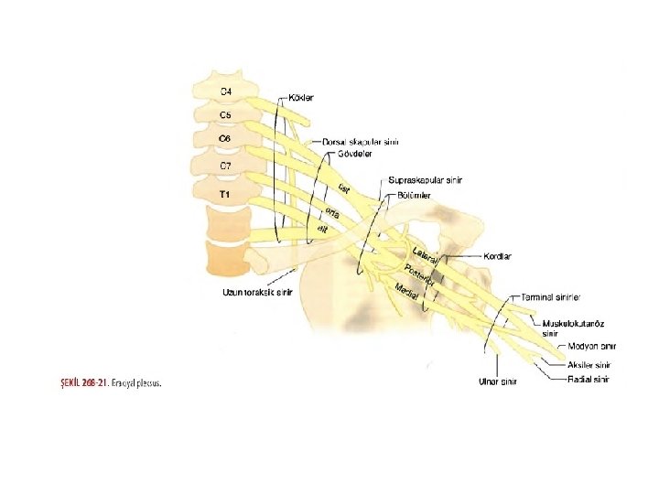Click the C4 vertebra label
pyautogui.click(x=225, y=91)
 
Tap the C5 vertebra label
pyautogui.click(x=225, y=115)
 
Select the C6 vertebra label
pyautogui.click(x=225, y=138)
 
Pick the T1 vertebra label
pyautogui.click(x=224, y=195)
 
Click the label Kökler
pyautogui.click(x=302, y=98)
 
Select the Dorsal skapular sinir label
pyautogui.click(x=361, y=142)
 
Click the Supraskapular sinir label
pyautogui.click(x=425, y=180)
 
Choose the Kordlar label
pyautogui.click(x=498, y=256)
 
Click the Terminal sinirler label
pyautogui.click(x=552, y=297)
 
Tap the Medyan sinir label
pyautogui.click(x=591, y=347)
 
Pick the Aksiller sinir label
pyautogui.click(x=590, y=364)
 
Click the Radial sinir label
pyautogui.click(x=588, y=379)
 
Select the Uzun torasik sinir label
pyautogui.click(x=257, y=293)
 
